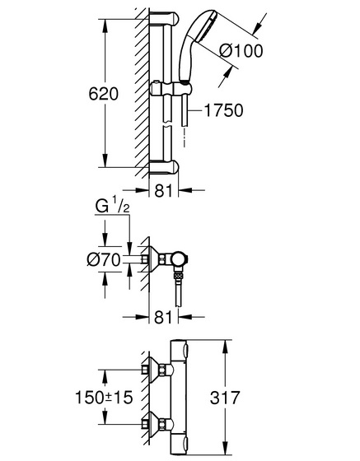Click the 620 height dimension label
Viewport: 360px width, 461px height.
coord(103,94)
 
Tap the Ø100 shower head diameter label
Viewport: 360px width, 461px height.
coord(241,51)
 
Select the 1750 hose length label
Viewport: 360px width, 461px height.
coord(223,110)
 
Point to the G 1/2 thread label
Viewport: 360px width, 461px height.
coord(112,207)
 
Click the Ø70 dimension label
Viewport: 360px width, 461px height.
coord(104,260)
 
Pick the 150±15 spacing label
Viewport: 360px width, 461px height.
coord(104,397)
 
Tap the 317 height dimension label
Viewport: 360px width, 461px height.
coord(225,398)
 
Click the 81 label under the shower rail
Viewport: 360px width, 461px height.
coord(164,190)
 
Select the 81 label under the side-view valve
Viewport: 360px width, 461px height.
coord(163,317)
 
